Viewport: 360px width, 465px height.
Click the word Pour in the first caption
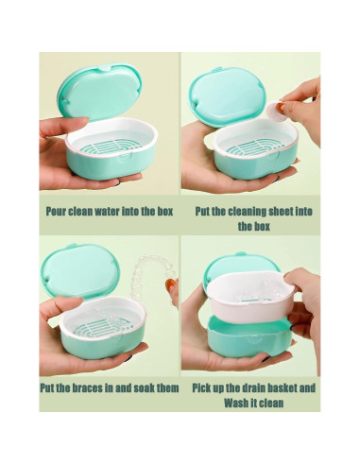(x=56, y=211)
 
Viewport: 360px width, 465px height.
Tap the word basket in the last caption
(x=281, y=387)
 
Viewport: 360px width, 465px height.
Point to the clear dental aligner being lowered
(x=152, y=277)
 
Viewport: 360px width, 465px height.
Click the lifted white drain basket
(x=251, y=296)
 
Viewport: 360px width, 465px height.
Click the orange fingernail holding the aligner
(x=170, y=284)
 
